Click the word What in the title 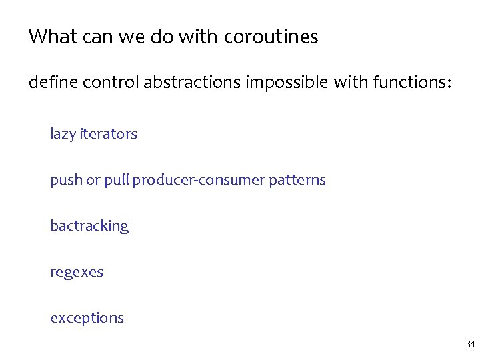click(53, 37)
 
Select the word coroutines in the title click(271, 37)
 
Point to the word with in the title click(199, 37)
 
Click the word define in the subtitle click(49, 83)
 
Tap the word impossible click(287, 83)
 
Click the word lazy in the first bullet click(63, 134)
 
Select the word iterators click(108, 133)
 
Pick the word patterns click(298, 180)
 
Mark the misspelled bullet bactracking click(89, 226)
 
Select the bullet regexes click(77, 273)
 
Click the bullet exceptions click(87, 318)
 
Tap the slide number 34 click(470, 345)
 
